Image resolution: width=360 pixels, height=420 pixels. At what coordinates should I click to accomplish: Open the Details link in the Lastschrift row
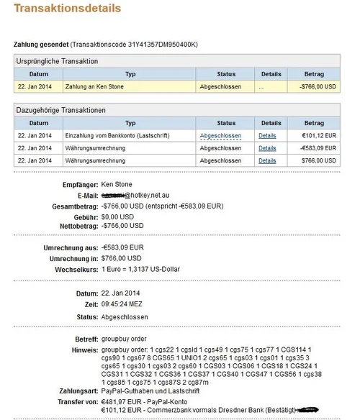pyautogui.click(x=267, y=135)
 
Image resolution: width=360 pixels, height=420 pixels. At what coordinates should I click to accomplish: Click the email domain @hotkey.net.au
pyautogui.click(x=153, y=196)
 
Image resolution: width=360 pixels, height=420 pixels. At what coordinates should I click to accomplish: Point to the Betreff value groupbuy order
pyautogui.click(x=126, y=338)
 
